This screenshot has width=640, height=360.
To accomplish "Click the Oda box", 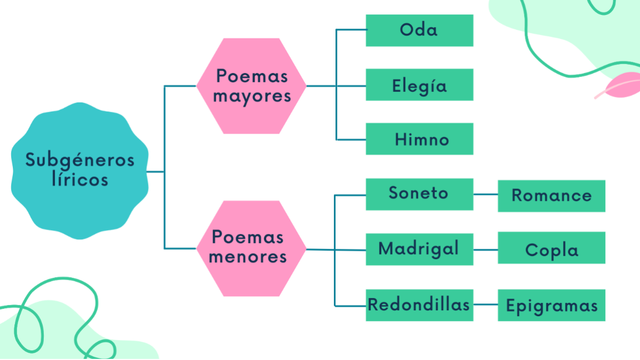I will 419,30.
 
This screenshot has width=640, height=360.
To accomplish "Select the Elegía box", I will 419,85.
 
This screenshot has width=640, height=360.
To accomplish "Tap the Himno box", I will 419,139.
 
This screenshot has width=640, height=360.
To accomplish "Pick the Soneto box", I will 419,194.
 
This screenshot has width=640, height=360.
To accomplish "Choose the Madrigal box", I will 419,249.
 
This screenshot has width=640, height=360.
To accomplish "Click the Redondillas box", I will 419,305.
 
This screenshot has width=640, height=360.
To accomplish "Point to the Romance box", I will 551,195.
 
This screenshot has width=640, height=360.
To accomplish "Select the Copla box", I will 551,248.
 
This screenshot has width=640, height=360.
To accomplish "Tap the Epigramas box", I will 551,305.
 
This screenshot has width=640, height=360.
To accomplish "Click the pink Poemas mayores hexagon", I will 251,85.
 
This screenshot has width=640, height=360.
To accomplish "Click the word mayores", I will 252,97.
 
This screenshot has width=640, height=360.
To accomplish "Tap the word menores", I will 248,257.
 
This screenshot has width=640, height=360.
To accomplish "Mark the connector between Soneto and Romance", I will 486,194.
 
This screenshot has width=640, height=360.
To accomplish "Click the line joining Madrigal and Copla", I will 486,249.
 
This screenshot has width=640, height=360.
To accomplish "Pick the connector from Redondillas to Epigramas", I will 486,305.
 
